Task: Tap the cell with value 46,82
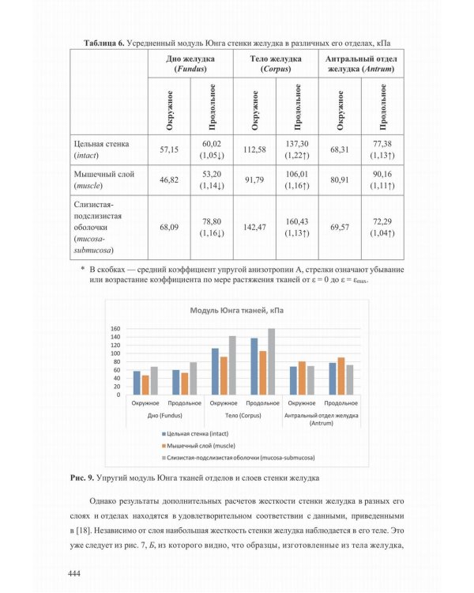point(170,180)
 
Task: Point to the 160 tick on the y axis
point(115,329)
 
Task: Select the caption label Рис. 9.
point(80,478)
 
